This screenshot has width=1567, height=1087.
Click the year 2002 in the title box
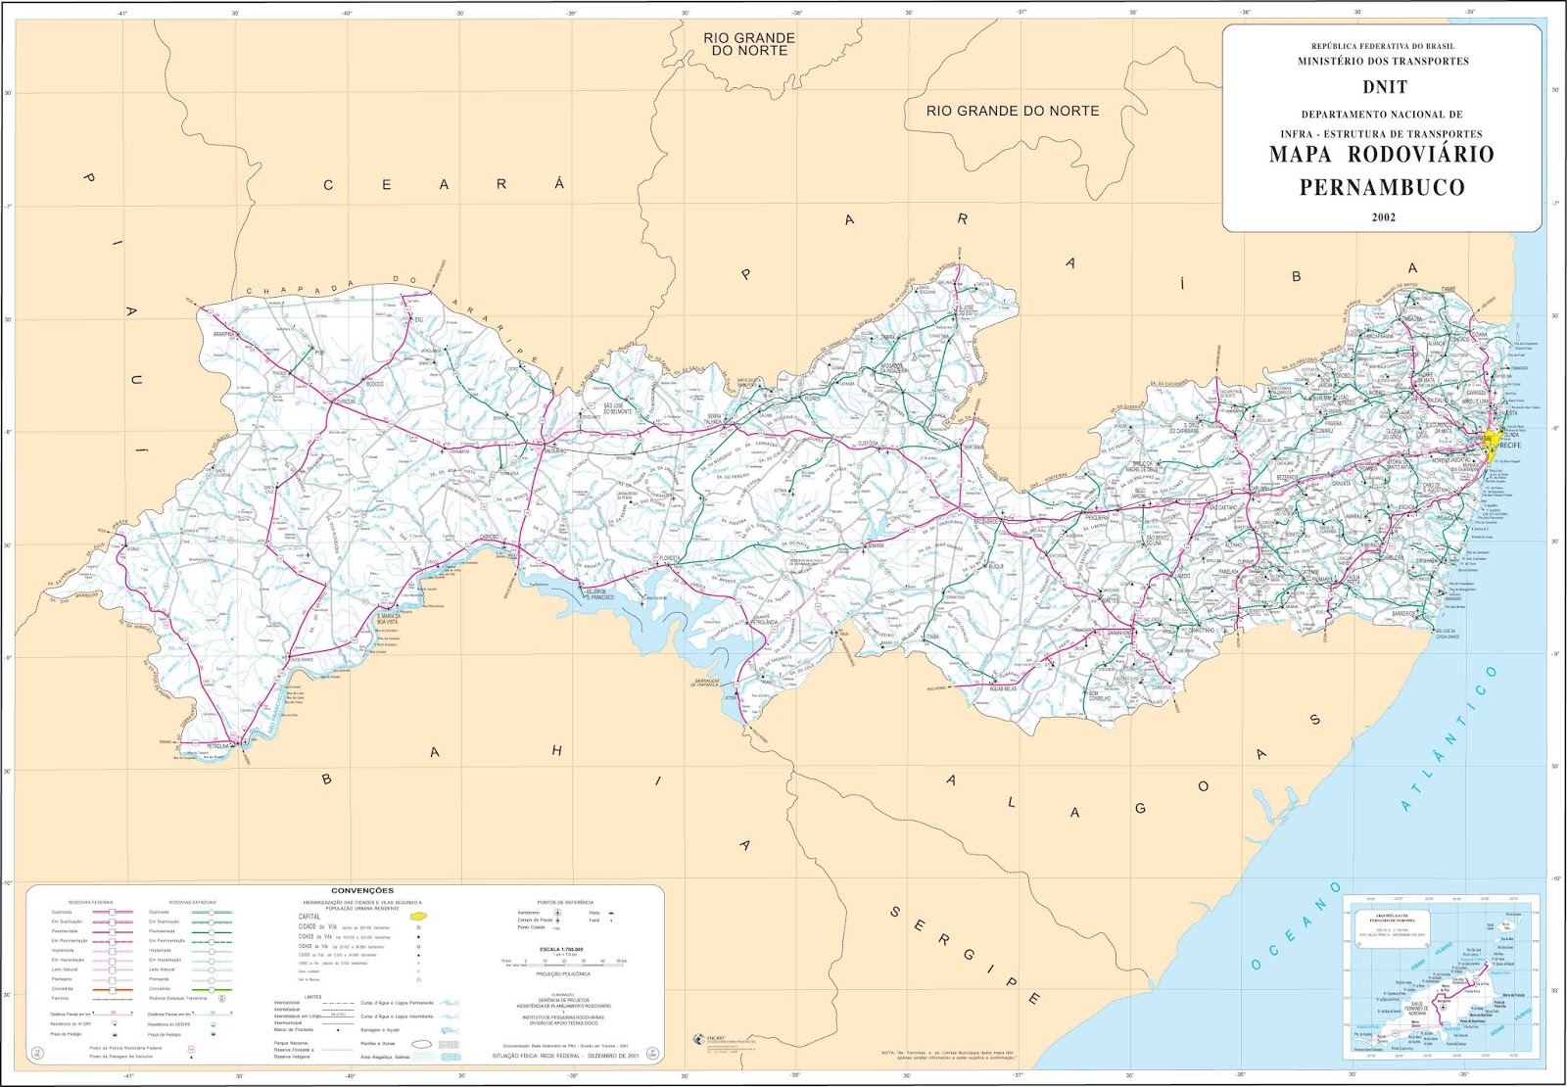pyautogui.click(x=1383, y=217)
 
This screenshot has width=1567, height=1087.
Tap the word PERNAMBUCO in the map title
pyautogui.click(x=1382, y=187)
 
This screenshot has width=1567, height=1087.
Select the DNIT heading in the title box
pyautogui.click(x=1383, y=86)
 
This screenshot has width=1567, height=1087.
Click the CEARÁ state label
pyautogui.click(x=445, y=184)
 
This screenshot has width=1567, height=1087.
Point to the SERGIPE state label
pyautogui.click(x=965, y=955)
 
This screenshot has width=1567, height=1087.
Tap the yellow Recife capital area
pyautogui.click(x=1490, y=447)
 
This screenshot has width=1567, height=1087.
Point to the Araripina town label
pyautogui.click(x=226, y=334)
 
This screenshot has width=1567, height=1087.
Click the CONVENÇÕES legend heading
pyautogui.click(x=362, y=891)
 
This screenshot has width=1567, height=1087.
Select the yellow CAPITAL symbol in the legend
pyautogui.click(x=417, y=916)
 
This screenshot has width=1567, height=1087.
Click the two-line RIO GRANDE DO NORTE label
pyautogui.click(x=748, y=44)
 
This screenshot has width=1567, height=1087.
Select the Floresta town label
pyautogui.click(x=670, y=558)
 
